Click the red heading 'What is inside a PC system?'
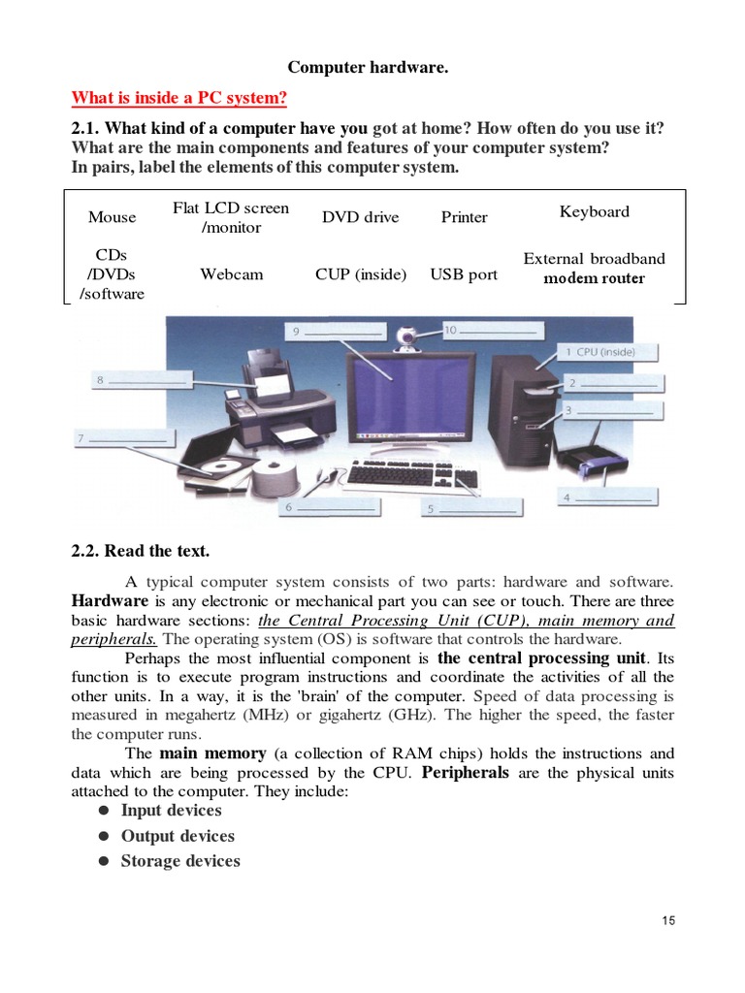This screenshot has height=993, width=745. (179, 99)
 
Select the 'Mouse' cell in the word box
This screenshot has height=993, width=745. (112, 217)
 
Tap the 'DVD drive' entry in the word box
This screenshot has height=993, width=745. (360, 217)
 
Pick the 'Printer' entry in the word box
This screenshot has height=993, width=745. (464, 217)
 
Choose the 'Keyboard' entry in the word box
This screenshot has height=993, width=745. (594, 211)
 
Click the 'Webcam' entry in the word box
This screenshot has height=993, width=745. (231, 274)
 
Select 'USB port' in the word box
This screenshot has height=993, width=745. (464, 274)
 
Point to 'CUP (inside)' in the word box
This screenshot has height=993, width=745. (361, 274)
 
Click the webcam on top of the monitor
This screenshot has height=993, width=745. (408, 339)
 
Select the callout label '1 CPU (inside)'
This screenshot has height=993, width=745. (607, 352)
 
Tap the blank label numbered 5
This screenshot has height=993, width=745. (471, 507)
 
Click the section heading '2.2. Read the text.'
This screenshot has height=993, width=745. (140, 551)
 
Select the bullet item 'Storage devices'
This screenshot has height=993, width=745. (179, 861)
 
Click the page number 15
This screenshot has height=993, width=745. (668, 920)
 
